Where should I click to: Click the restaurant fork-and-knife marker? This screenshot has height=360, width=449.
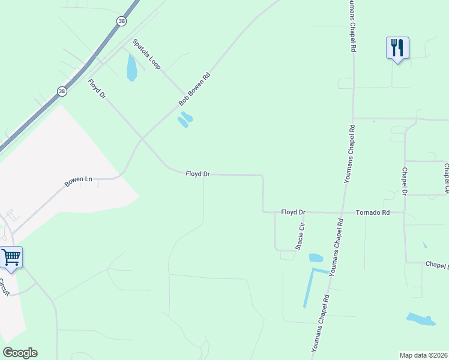click(x=397, y=47)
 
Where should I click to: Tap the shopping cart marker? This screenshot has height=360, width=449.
click(x=11, y=257)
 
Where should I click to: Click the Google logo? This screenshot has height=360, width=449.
click(x=20, y=353)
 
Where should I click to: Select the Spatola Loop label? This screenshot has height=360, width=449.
click(x=146, y=53)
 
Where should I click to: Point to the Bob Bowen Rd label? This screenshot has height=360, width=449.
click(x=194, y=90)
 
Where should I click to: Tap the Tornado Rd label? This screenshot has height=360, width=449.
click(x=373, y=212)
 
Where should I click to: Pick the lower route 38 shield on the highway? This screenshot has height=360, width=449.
click(x=62, y=91)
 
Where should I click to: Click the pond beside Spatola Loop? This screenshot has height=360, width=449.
click(x=131, y=68)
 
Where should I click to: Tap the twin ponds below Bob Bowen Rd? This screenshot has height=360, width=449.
click(x=185, y=120)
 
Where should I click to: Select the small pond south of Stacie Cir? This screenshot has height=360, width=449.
click(x=316, y=258)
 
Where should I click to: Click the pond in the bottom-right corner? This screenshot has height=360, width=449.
click(x=421, y=319)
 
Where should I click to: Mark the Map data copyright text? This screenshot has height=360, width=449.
click(x=424, y=355)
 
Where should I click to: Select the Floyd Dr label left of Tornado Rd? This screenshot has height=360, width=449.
click(x=294, y=212)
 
